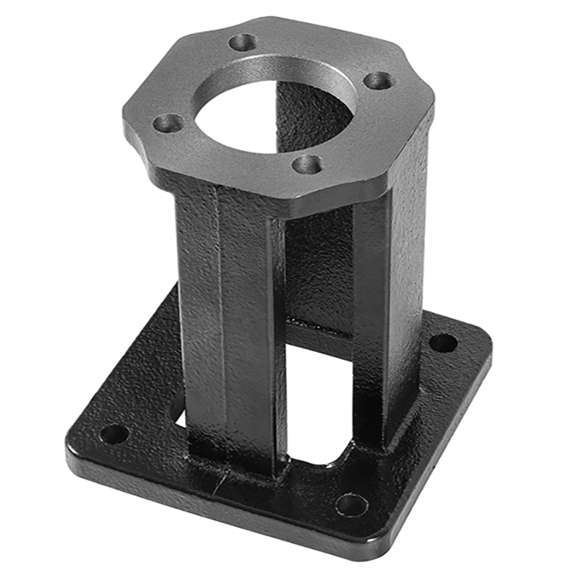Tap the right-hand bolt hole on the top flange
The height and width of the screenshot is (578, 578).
377,80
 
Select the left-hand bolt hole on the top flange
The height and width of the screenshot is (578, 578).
168,123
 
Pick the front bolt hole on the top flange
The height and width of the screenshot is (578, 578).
308,165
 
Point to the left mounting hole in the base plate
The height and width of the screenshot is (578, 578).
113,434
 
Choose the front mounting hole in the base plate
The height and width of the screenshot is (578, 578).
351,504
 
